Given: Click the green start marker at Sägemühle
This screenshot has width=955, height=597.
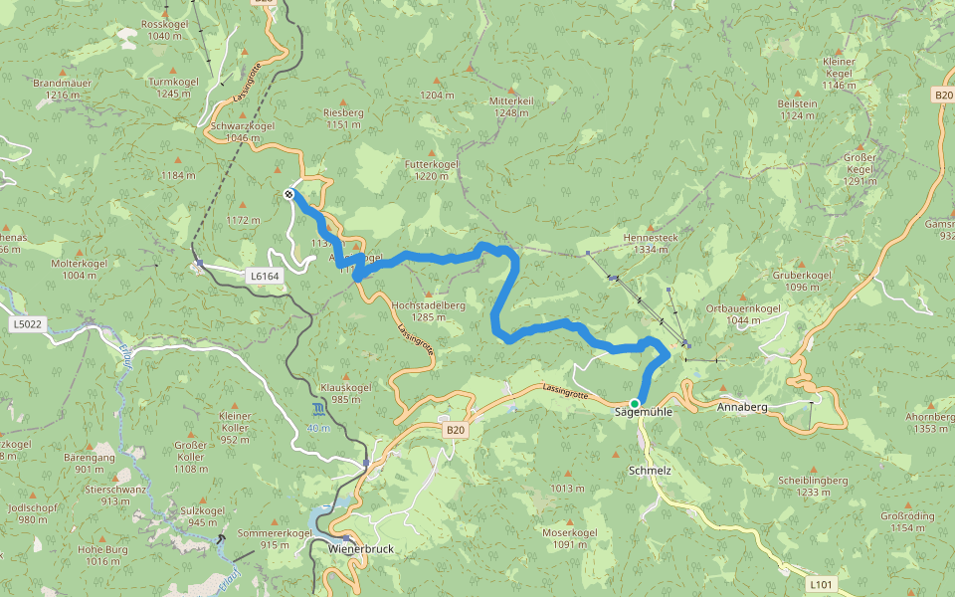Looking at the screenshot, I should (x=635, y=403).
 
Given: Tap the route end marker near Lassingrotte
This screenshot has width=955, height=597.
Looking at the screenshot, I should (x=288, y=194).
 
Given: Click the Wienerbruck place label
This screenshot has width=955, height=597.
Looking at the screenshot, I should (x=355, y=548).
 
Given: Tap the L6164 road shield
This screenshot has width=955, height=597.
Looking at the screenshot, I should (x=263, y=275).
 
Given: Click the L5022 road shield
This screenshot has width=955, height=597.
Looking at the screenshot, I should (x=28, y=323).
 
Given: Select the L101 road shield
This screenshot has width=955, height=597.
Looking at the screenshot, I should (x=819, y=583).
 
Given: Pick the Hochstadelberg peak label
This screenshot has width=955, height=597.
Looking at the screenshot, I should (x=429, y=304).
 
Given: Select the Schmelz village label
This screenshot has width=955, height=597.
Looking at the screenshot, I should (x=650, y=469).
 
